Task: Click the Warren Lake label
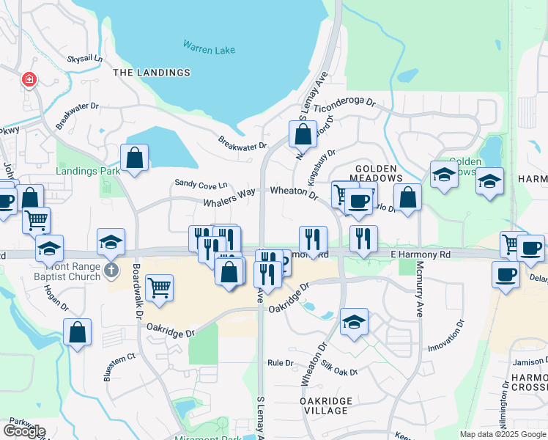(209, 49)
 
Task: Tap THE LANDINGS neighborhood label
(152, 73)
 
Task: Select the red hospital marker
(29, 79)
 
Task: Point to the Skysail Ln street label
(85, 58)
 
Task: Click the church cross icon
(111, 271)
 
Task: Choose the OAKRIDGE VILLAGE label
(326, 406)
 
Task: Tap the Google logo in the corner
(24, 431)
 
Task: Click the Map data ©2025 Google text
(502, 434)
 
